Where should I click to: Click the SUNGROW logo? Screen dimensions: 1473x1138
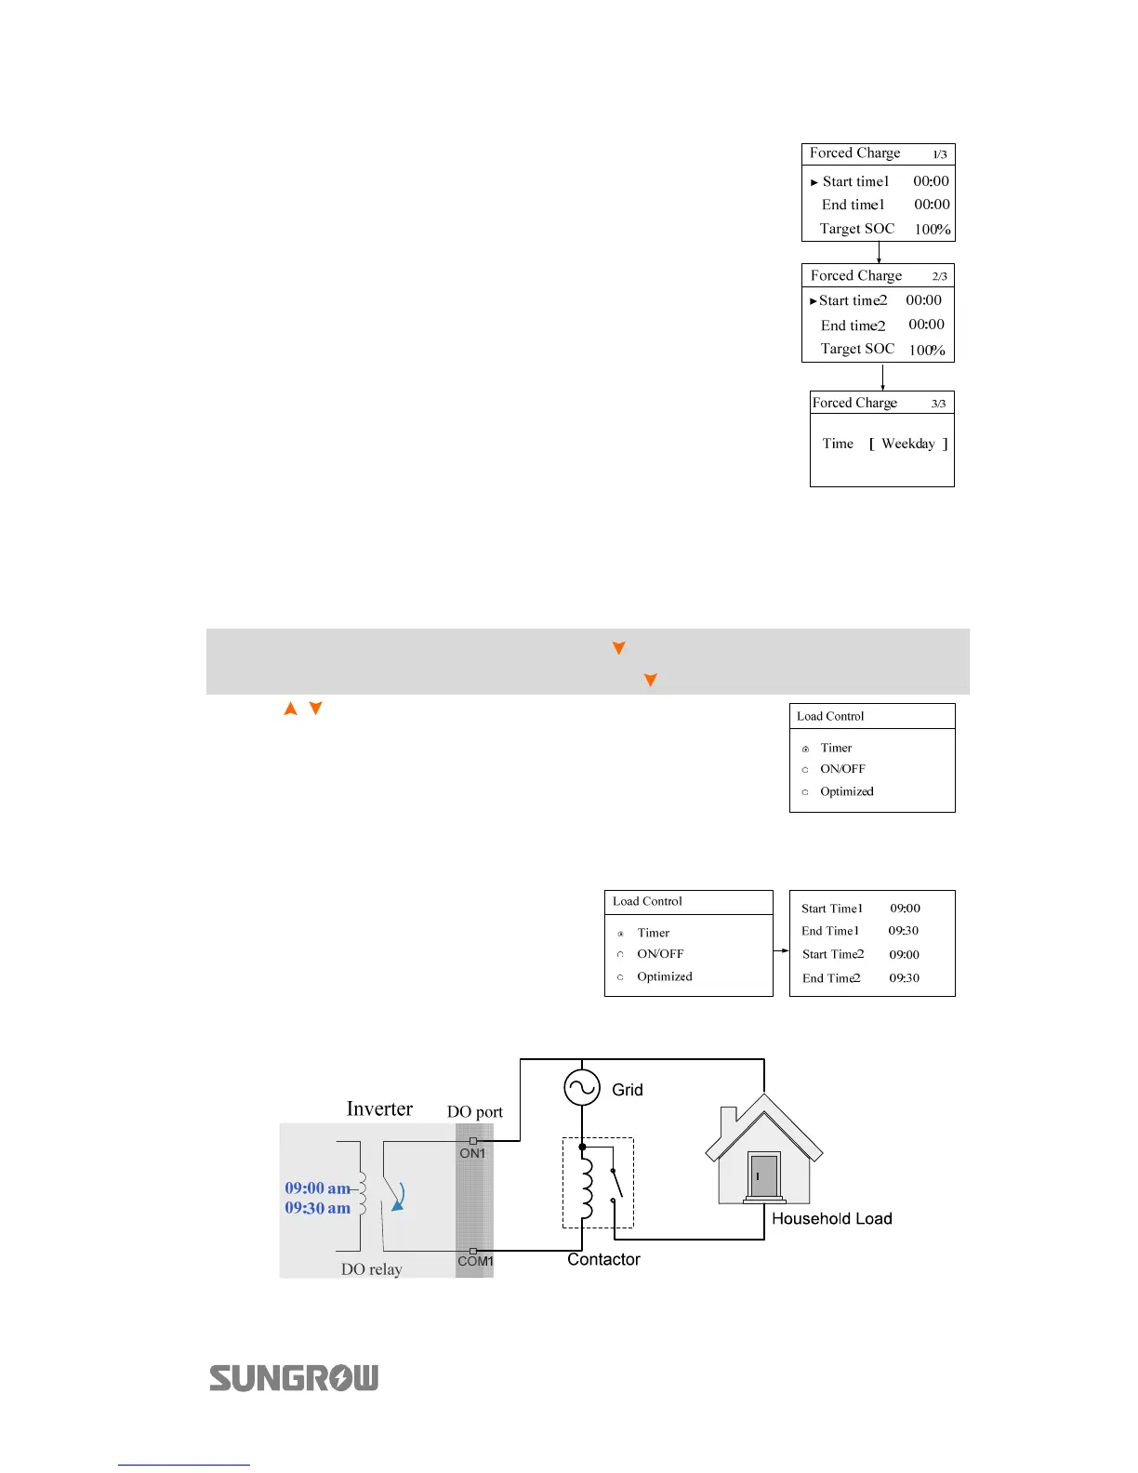click(294, 1377)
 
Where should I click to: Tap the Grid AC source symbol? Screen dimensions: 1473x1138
click(582, 1087)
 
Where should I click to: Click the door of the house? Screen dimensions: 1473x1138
click(763, 1176)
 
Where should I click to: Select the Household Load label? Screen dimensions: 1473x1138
click(831, 1218)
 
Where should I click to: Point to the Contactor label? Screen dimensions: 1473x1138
click(603, 1259)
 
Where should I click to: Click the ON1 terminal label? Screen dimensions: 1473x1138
click(472, 1153)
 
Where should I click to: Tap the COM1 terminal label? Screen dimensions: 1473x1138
click(475, 1261)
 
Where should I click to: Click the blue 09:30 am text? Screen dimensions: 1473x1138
click(318, 1208)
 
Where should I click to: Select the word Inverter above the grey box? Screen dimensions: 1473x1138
click(379, 1108)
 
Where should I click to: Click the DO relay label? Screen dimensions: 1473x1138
click(371, 1269)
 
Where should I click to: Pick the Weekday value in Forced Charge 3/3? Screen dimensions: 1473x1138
click(908, 444)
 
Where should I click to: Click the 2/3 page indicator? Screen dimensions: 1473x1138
click(940, 276)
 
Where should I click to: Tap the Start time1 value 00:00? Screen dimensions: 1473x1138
click(931, 181)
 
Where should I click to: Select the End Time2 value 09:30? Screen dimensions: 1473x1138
click(904, 978)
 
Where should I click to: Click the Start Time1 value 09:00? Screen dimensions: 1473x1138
click(905, 909)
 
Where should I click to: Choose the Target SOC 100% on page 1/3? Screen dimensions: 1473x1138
click(933, 229)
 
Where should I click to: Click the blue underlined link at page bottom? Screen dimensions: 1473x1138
click(184, 1465)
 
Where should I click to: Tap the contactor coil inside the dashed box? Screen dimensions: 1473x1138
click(586, 1186)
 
